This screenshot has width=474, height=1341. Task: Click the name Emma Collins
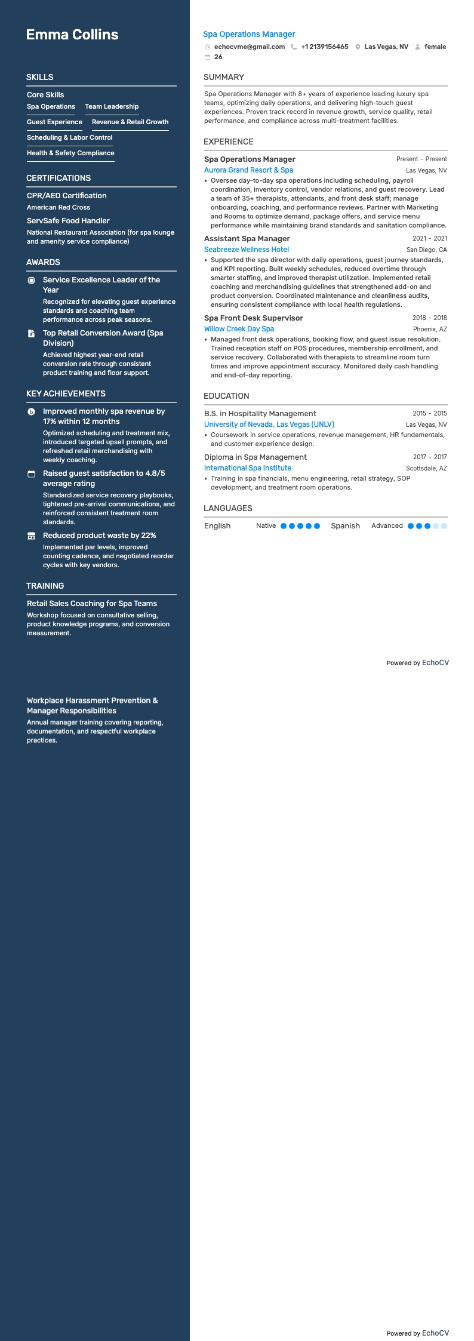pyautogui.click(x=72, y=35)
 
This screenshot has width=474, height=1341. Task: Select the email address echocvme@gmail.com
pyautogui.click(x=249, y=47)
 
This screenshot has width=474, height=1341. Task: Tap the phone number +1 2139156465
pyautogui.click(x=324, y=47)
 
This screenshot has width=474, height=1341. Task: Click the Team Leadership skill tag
pyautogui.click(x=112, y=106)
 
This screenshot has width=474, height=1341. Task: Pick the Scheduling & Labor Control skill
pyautogui.click(x=70, y=137)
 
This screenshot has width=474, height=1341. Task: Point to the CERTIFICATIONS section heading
pyautogui.click(x=59, y=178)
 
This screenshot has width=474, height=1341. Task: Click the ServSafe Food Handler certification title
pyautogui.click(x=68, y=220)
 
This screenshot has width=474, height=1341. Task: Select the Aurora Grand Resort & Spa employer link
pyautogui.click(x=248, y=170)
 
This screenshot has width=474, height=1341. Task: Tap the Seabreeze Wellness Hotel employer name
pyautogui.click(x=246, y=250)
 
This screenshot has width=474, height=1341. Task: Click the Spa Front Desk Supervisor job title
pyautogui.click(x=253, y=318)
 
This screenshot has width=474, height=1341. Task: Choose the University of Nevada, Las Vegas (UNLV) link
pyautogui.click(x=269, y=425)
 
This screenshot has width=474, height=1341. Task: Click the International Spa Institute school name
pyautogui.click(x=248, y=468)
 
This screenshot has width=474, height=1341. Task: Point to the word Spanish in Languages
pyautogui.click(x=345, y=526)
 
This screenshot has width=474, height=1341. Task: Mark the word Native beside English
pyautogui.click(x=266, y=526)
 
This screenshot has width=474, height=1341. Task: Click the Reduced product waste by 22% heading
pyautogui.click(x=99, y=536)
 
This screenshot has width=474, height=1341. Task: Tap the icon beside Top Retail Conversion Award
pyautogui.click(x=32, y=334)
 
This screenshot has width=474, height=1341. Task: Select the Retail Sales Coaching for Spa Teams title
pyautogui.click(x=92, y=604)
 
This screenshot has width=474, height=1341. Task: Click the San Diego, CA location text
pyautogui.click(x=426, y=250)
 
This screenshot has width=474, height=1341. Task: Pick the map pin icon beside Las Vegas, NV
pyautogui.click(x=358, y=47)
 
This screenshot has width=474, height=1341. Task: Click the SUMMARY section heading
pyautogui.click(x=223, y=77)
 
